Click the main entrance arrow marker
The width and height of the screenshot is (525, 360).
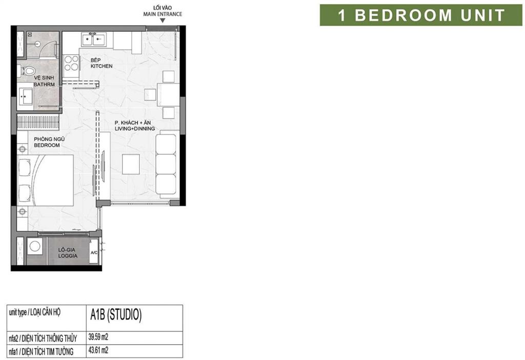pyautogui.click(x=163, y=21)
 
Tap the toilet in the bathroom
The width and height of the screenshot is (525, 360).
pyautogui.click(x=27, y=71)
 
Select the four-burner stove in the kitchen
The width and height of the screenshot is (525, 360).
pyautogui.click(x=71, y=63)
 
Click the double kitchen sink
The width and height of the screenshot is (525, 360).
pyautogui.click(x=94, y=39)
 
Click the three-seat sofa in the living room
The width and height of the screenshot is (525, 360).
pyautogui.click(x=166, y=164)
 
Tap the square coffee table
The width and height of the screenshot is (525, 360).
pyautogui.click(x=131, y=164)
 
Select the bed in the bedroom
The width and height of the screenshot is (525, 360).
pyautogui.click(x=46, y=180)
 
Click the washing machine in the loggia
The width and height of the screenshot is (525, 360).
pyautogui.click(x=35, y=247)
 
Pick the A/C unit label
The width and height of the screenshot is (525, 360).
pyautogui.click(x=94, y=253)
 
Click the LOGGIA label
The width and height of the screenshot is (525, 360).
pyautogui.click(x=68, y=256)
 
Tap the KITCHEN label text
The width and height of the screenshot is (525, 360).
pyautogui.click(x=102, y=66)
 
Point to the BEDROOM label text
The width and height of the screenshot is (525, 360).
pyautogui.click(x=47, y=145)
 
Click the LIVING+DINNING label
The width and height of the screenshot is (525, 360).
pyautogui.click(x=135, y=129)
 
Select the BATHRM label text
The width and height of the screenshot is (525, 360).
pyautogui.click(x=44, y=85)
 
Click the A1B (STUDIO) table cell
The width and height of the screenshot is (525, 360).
pyautogui.click(x=134, y=318)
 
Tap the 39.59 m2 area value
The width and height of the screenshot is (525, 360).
pyautogui.click(x=98, y=337)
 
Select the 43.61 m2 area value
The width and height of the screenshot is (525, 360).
pyautogui.click(x=98, y=351)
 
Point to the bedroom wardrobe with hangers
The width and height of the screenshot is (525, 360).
pyautogui.click(x=38, y=122)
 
